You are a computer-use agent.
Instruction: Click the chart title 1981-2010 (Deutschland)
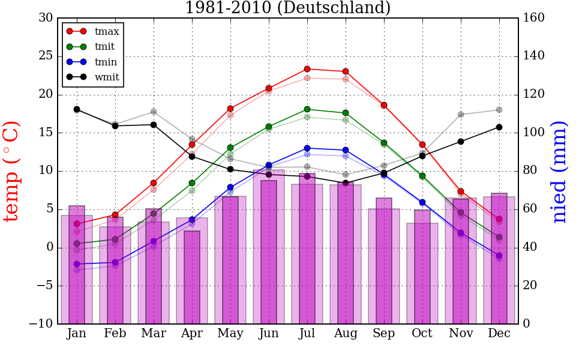coord(287,8)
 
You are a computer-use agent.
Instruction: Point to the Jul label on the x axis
coord(307,334)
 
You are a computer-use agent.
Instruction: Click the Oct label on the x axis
coord(422,334)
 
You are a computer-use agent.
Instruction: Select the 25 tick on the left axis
coord(46,56)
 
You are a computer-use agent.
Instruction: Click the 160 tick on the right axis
coord(534,18)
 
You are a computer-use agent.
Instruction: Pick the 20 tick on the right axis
coord(532,286)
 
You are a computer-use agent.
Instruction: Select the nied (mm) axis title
coord(560,171)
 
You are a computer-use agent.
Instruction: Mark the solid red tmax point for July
coord(307,69)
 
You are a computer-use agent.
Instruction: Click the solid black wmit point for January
coord(77,109)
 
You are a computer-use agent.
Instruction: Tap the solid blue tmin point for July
coord(307,148)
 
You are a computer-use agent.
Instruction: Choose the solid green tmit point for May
coord(230,148)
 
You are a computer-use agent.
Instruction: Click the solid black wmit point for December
coord(499,127)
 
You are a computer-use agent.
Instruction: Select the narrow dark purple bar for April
coord(192,277)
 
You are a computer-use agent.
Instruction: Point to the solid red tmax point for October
coord(422,145)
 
